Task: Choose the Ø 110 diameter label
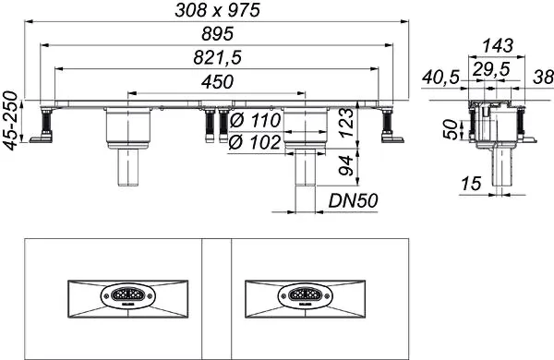(x=252, y=119)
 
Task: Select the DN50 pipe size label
(x=351, y=198)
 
